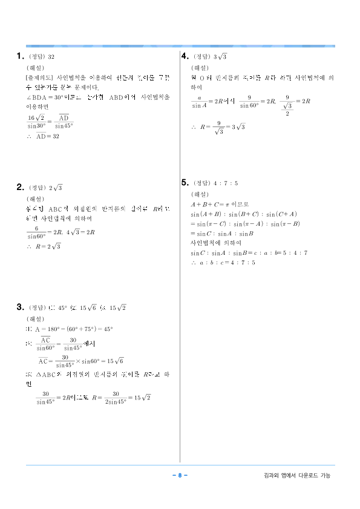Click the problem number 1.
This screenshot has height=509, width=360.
click(19, 57)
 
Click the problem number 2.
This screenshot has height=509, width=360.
click(19, 188)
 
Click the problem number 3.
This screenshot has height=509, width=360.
click(19, 307)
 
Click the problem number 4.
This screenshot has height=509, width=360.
click(185, 56)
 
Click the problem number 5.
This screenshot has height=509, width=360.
click(185, 183)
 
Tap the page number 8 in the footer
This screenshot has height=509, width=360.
click(180, 476)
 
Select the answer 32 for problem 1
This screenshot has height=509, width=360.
click(52, 57)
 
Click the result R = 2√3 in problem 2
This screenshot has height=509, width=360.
click(48, 246)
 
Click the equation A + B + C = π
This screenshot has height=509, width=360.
click(215, 205)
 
